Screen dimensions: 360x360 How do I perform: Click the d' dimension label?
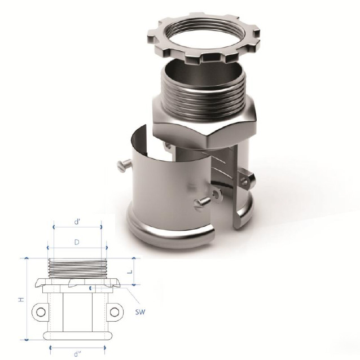(77, 222)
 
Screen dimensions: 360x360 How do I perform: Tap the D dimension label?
(77, 242)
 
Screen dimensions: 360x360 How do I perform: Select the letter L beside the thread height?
(130, 271)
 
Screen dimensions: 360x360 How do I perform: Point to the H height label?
(21, 300)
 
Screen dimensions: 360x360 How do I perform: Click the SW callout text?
(140, 312)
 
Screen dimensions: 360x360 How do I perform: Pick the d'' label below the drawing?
(78, 354)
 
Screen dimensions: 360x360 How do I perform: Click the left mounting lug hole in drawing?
(41, 312)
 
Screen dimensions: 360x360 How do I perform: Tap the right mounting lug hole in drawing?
(115, 312)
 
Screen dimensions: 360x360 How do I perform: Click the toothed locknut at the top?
(204, 38)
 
